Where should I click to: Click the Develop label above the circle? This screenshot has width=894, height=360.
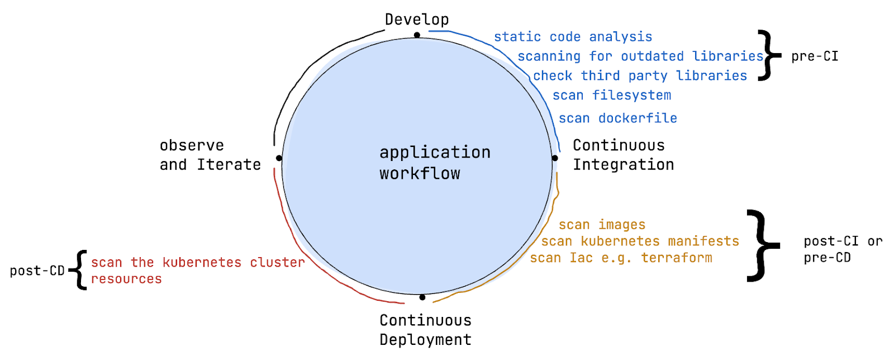(x=417, y=20)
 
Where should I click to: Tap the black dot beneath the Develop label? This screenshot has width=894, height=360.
(x=417, y=35)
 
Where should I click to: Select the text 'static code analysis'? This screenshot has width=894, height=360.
(x=573, y=37)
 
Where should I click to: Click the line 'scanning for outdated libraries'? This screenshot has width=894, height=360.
(x=640, y=56)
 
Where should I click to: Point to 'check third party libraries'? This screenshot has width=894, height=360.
(x=640, y=76)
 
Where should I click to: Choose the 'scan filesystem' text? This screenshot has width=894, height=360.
(x=612, y=96)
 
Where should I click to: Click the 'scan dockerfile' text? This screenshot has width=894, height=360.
(x=618, y=118)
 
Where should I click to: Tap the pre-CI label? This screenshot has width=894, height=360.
(x=815, y=56)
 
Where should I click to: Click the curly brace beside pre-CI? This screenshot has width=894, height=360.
(x=769, y=55)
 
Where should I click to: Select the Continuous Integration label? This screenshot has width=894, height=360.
(x=624, y=155)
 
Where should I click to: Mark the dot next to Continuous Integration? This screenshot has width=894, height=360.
(x=555, y=158)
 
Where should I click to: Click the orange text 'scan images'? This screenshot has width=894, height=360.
(x=602, y=225)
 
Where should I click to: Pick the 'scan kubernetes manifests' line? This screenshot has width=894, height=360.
(x=640, y=241)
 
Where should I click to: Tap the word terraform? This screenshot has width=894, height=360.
(x=677, y=258)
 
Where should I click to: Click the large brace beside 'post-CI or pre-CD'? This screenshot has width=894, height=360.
(x=762, y=245)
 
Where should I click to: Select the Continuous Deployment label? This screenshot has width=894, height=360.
(x=425, y=330)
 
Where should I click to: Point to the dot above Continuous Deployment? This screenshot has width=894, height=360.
(x=422, y=297)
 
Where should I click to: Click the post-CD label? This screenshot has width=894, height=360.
(x=37, y=271)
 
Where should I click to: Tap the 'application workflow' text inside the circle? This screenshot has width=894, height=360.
(x=435, y=163)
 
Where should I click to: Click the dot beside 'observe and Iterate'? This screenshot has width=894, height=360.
(x=279, y=158)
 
